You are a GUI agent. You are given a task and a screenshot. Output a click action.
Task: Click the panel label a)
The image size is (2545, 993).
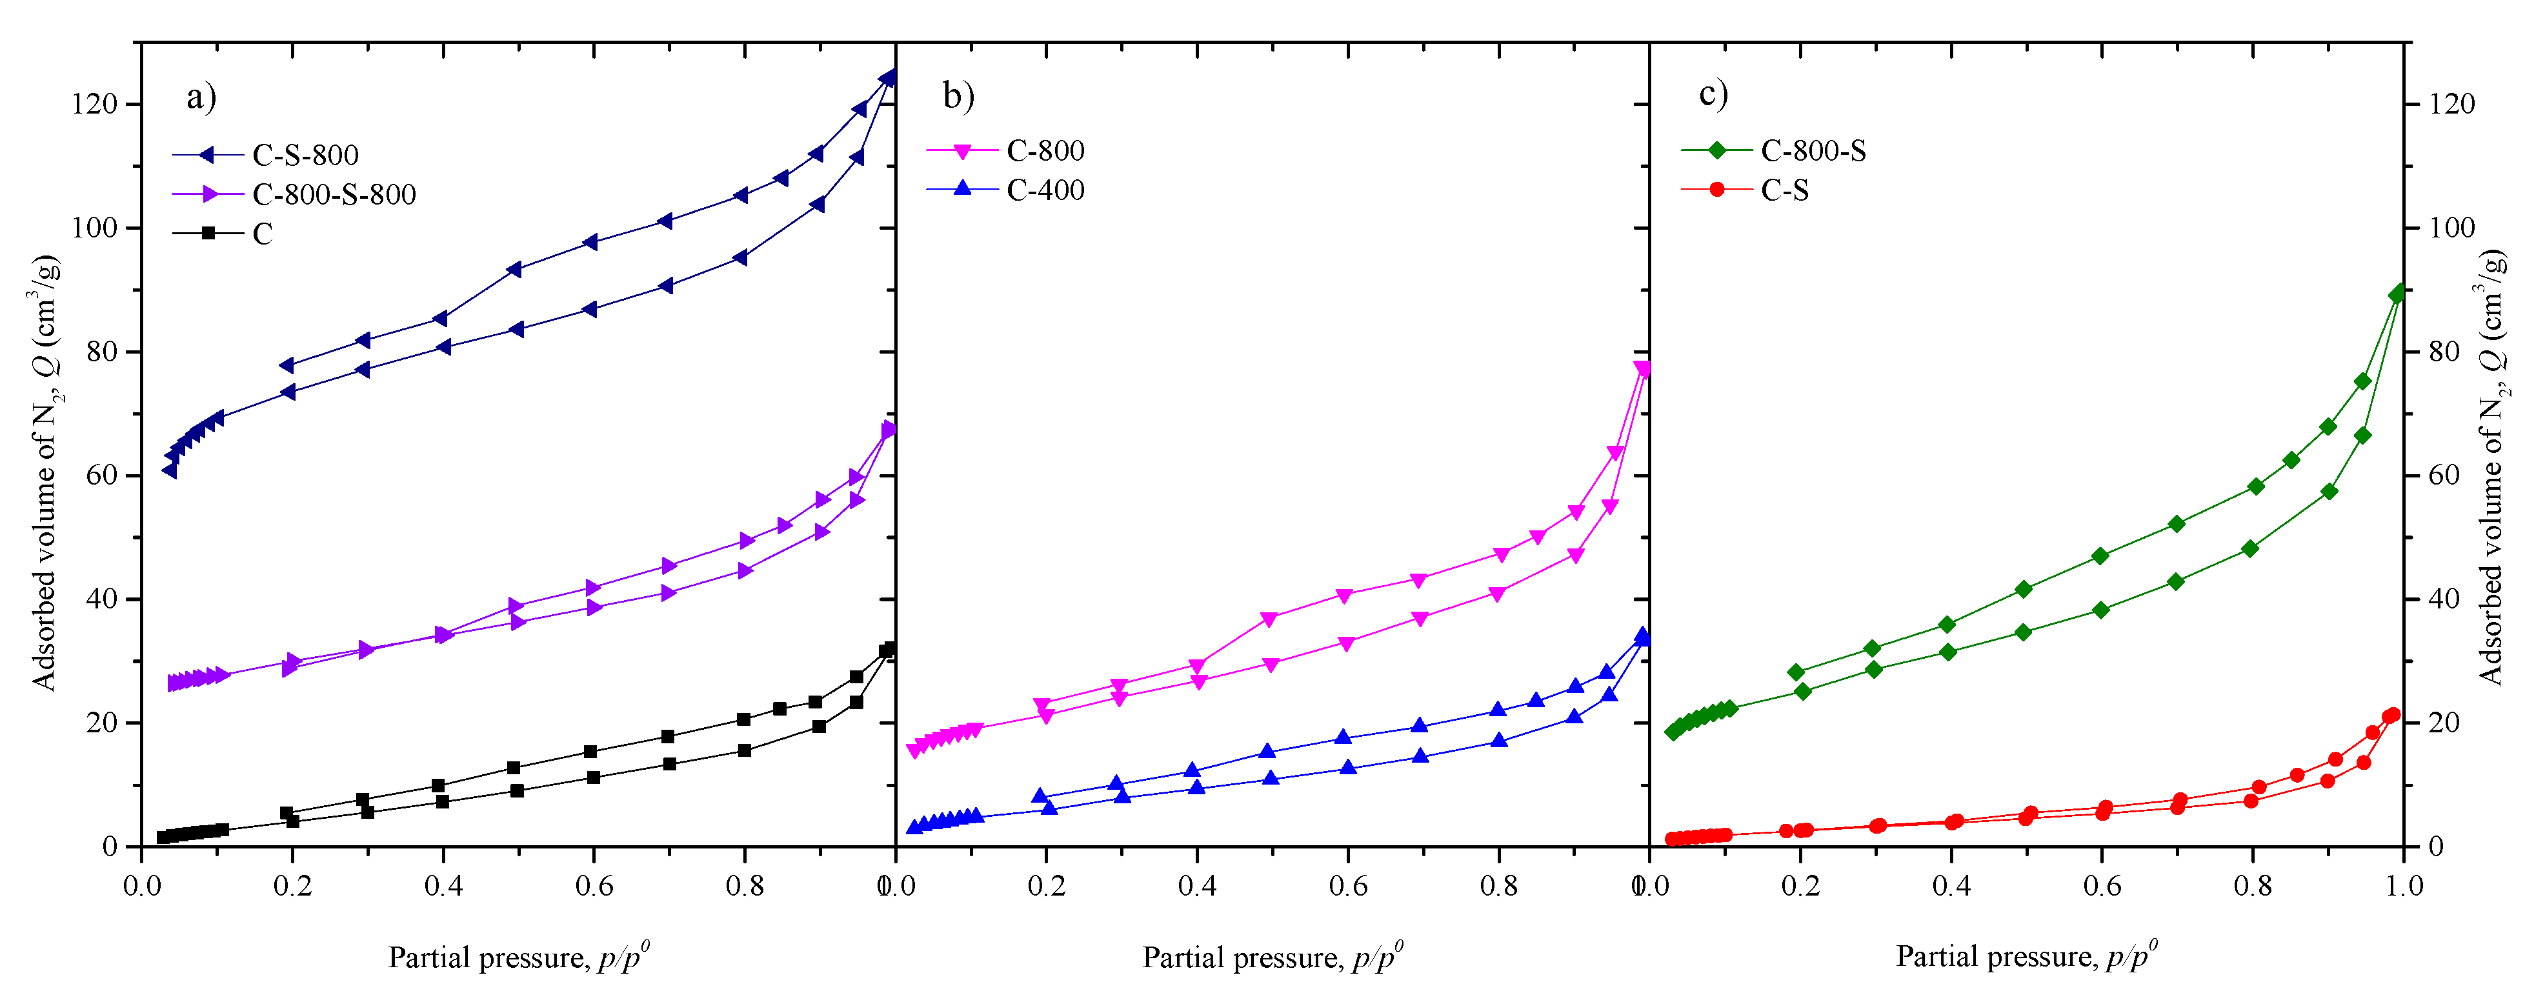tap(201, 97)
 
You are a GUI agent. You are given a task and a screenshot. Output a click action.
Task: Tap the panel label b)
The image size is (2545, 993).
tap(958, 96)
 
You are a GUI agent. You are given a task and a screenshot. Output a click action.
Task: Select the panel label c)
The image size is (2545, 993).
tap(1712, 94)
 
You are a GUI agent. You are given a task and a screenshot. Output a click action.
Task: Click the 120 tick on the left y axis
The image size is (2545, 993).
tap(94, 104)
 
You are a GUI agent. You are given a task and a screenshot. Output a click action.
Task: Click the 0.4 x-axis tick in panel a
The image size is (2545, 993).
tap(443, 885)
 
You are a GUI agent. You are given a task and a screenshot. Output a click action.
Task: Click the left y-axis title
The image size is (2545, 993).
tap(45, 474)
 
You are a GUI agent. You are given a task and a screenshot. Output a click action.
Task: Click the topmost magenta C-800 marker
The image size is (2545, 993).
tap(1642, 370)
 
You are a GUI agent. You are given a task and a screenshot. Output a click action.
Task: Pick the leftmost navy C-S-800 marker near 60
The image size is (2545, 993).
tap(170, 470)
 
